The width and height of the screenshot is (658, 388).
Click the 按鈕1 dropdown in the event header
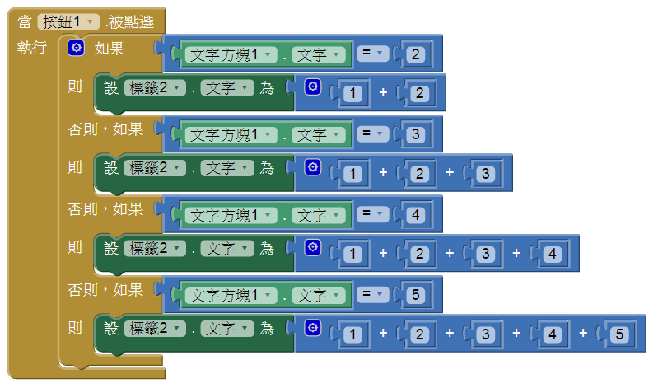pyautogui.click(x=69, y=22)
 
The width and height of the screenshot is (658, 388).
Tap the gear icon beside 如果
pyautogui.click(x=77, y=49)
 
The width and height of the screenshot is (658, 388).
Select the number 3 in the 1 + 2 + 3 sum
pyautogui.click(x=487, y=174)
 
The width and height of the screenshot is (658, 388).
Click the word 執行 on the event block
pyautogui.click(x=31, y=48)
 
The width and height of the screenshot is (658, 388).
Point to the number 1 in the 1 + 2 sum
pyautogui.click(x=352, y=94)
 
